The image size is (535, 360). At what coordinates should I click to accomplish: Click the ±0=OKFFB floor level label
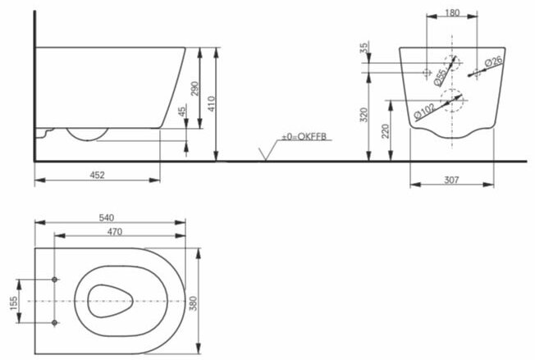305,136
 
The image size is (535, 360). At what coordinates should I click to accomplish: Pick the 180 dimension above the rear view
450,12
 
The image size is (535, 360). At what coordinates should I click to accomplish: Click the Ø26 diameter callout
492,62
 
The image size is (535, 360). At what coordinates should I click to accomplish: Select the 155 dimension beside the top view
12,301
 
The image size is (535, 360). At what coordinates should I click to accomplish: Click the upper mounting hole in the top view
56,280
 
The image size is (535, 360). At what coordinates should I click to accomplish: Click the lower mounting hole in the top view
56,321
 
